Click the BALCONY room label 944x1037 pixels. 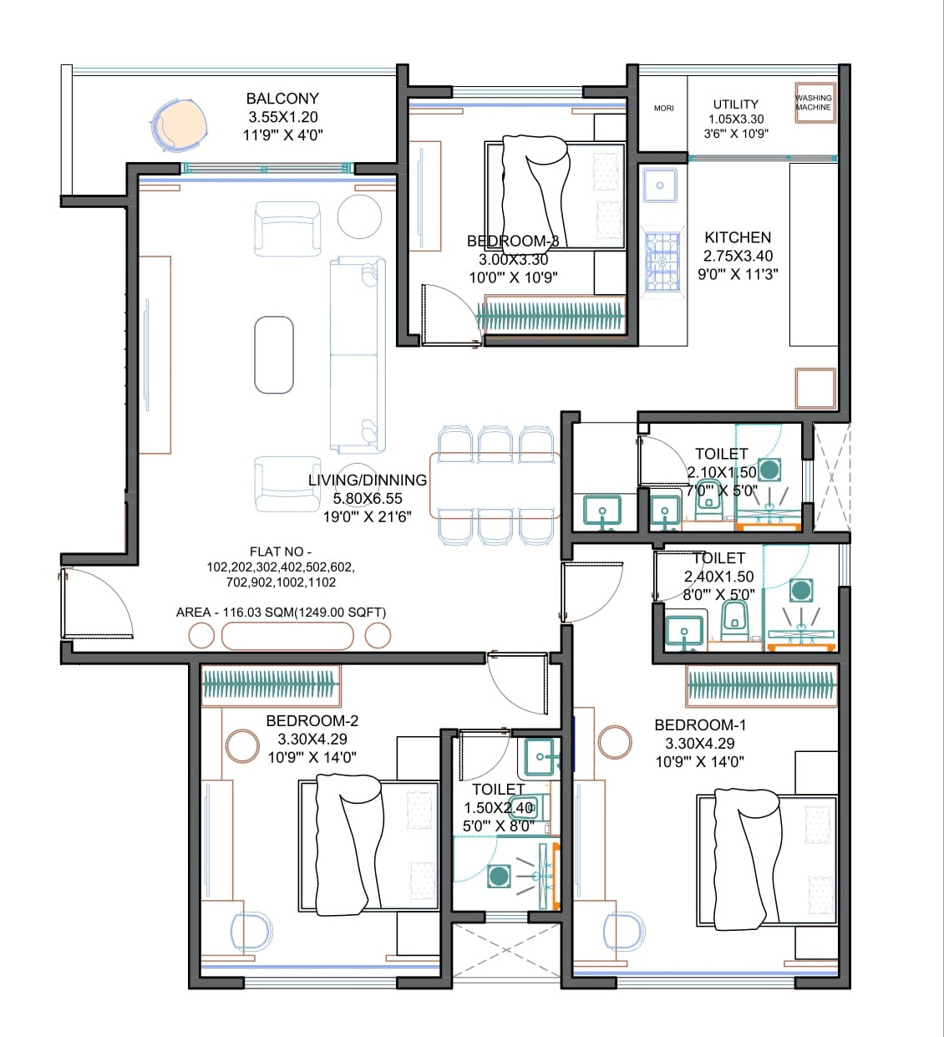282,99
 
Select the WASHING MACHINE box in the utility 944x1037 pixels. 815,103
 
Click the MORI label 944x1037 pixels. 664,109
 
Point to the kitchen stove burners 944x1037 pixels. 662,262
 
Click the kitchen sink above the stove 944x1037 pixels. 660,186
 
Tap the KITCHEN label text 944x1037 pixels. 738,237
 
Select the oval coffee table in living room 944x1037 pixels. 274,354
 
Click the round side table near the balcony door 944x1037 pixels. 359,215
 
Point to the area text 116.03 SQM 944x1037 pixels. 281,613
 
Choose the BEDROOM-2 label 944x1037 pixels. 312,720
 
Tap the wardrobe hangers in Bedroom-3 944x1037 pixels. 551,316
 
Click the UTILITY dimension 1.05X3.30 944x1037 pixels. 736,119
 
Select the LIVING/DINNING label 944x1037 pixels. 368,480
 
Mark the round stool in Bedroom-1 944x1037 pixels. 615,742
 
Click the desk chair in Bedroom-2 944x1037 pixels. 251,931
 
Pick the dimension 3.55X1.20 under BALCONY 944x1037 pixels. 282,118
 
